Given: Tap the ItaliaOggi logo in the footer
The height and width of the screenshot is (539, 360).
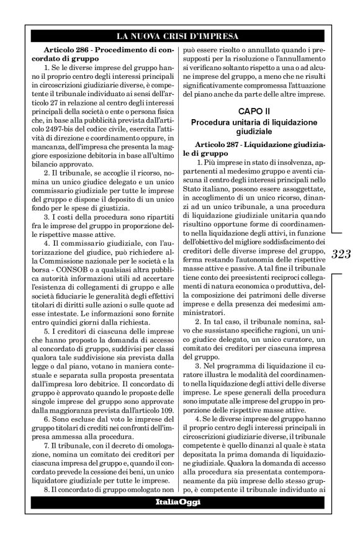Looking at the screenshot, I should [179, 501].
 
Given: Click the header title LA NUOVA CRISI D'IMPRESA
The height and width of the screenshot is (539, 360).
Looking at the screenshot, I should [180, 36].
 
